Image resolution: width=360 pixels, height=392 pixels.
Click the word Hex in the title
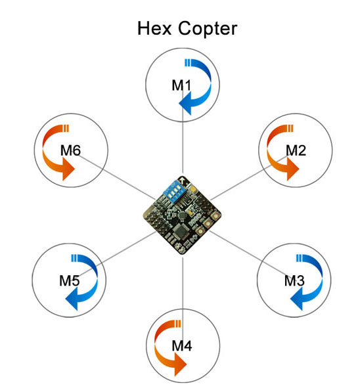pos(154,28)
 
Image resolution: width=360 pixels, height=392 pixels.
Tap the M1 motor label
pos(181,85)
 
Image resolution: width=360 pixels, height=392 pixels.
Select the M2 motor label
pos(296,150)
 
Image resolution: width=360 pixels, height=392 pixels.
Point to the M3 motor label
pos(294,280)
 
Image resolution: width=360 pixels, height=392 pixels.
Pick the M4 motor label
pos(182,346)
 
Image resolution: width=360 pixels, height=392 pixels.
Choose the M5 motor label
pos(69,280)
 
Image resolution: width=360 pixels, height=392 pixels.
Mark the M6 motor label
pos(70,150)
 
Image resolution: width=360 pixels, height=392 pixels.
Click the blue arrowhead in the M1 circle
pos(186,104)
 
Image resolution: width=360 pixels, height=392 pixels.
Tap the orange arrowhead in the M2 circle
pos(293,169)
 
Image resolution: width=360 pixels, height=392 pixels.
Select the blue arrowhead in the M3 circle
pos(297,299)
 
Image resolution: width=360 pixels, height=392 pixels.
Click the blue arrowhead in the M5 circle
pos(72,299)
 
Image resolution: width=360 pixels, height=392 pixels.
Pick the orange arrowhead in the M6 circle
pos(68,169)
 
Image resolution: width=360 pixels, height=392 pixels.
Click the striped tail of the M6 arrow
pos(66,128)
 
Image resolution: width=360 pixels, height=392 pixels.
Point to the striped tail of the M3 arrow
pos(299,258)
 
